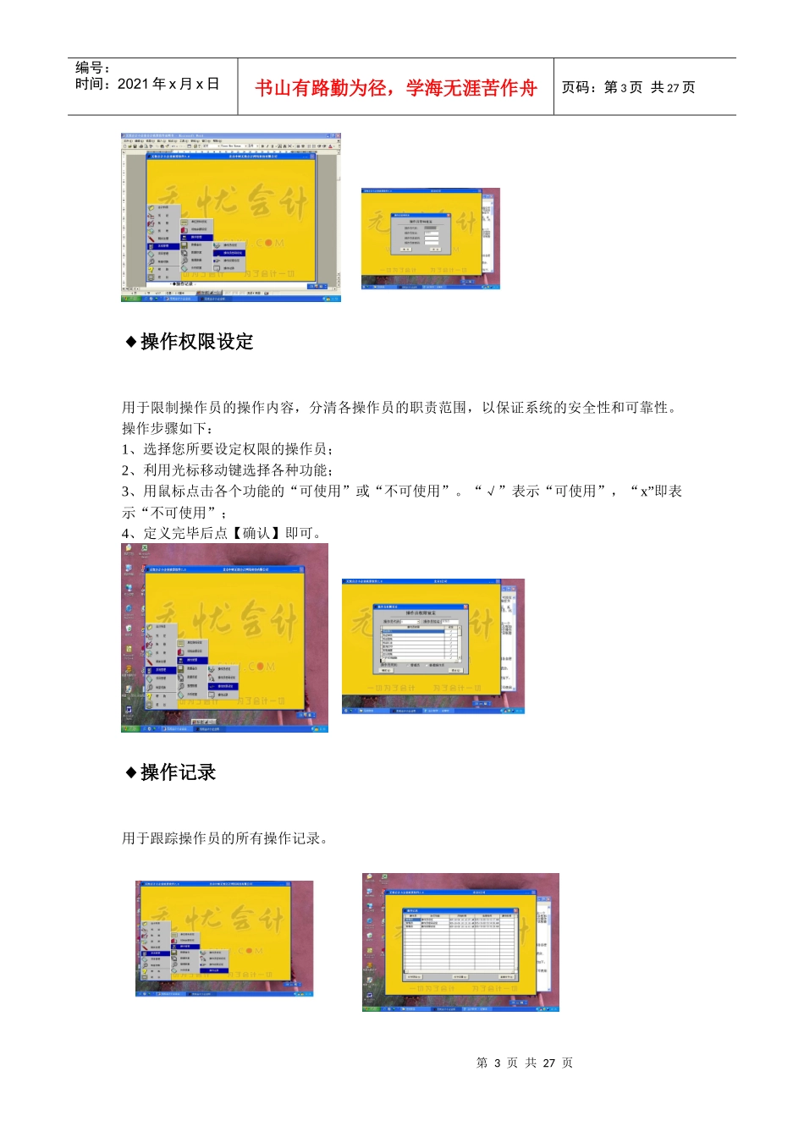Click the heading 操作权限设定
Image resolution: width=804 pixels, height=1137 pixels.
196,342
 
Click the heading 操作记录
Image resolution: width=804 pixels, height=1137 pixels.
178,772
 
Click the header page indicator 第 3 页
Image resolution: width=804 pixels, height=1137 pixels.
623,88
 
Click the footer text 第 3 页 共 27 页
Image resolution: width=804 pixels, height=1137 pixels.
525,1063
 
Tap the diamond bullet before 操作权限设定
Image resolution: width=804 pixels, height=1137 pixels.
131,342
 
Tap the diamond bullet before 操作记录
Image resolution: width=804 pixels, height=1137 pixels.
131,772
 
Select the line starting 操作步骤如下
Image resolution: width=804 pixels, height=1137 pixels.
168,428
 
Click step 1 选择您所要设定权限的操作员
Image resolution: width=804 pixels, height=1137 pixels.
228,449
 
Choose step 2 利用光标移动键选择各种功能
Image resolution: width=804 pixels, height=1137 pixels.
228,470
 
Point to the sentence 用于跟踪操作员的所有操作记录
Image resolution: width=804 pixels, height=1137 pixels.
225,838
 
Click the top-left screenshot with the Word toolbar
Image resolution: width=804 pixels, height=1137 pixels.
230,217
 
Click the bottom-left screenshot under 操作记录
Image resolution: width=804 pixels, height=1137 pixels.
224,938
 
